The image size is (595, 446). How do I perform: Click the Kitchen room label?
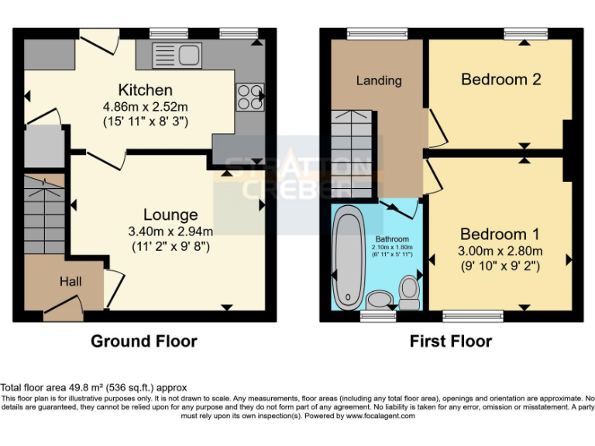[x=145, y=90]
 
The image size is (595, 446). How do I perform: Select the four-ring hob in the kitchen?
[x=250, y=97]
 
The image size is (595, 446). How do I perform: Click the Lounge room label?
[x=170, y=214]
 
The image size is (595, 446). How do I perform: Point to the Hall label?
[x=71, y=283]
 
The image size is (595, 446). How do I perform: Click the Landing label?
[x=379, y=81]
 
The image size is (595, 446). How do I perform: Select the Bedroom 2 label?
[x=500, y=79]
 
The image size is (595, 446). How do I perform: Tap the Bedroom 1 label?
[x=500, y=234]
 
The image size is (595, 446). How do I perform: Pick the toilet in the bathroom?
[x=409, y=292]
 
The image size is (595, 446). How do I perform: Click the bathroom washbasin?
[x=379, y=299]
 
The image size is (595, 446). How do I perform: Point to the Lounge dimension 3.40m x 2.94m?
[x=170, y=231]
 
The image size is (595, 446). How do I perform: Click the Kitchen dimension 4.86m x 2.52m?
[x=145, y=106]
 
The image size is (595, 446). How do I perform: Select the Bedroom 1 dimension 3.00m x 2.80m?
[x=500, y=250]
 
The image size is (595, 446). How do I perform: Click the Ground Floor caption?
[x=144, y=341]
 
